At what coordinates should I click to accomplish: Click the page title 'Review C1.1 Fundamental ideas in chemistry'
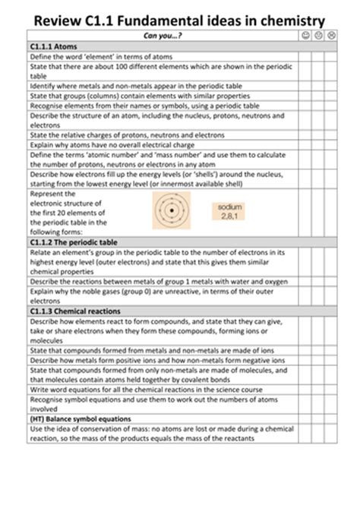tap(180, 21)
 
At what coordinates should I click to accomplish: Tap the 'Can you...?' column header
tap(163, 36)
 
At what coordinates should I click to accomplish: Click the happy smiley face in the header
tap(305, 36)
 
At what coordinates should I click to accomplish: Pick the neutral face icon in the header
tap(319, 36)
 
